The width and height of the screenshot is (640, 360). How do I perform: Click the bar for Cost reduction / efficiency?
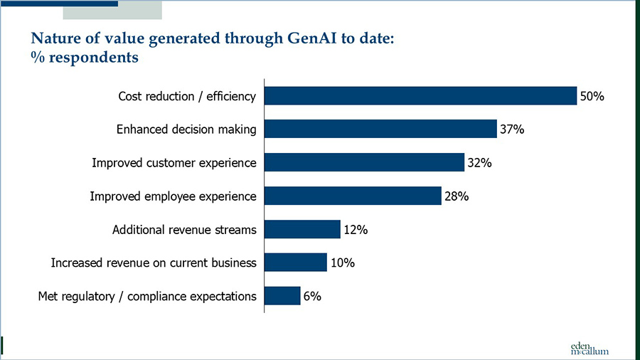[420, 95]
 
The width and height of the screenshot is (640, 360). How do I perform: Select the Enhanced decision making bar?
[380, 129]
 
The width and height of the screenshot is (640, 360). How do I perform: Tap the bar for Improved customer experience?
[364, 162]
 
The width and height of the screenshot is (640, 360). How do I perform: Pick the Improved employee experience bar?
[353, 196]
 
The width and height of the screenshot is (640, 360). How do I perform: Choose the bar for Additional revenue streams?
[302, 229]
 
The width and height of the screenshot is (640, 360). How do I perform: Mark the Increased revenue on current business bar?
[296, 263]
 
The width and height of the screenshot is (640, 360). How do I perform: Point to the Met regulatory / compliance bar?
[282, 296]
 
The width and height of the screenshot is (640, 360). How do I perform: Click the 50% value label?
[592, 96]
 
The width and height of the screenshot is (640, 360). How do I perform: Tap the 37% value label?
[512, 129]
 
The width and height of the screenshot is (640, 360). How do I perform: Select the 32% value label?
[479, 163]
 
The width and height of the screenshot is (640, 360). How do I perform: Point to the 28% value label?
[456, 196]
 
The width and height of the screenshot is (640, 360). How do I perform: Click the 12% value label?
[355, 230]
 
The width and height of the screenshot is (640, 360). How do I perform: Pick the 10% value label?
[342, 263]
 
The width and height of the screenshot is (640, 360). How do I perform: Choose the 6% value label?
[312, 297]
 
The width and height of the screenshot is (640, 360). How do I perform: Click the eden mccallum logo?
[590, 346]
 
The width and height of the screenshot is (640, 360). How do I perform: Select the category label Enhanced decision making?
[186, 129]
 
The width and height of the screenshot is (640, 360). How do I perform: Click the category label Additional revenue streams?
[184, 230]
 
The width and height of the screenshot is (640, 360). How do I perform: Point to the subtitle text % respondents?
[84, 58]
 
